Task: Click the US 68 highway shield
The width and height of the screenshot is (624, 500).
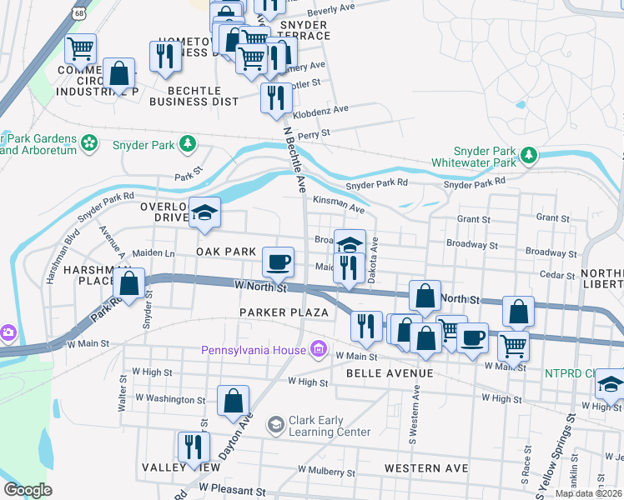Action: coord(78,14)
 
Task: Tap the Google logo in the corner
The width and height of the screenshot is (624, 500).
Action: coord(28,490)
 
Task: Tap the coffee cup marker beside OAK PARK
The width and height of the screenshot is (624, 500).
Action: coord(279,262)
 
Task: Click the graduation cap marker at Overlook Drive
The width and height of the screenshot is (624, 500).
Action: coord(204,213)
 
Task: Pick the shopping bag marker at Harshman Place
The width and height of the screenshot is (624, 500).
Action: coord(129,284)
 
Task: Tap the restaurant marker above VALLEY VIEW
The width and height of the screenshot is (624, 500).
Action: coord(191,447)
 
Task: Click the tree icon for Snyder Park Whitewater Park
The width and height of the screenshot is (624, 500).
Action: coord(527,156)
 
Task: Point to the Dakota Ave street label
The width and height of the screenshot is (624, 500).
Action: coord(374,245)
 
